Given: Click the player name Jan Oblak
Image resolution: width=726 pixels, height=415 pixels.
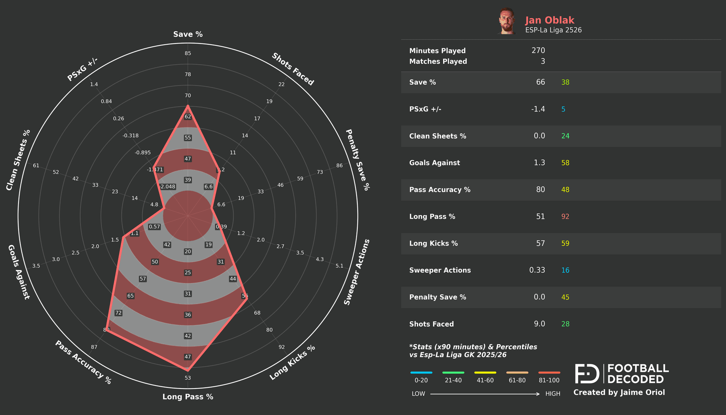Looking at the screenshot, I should click(549, 20).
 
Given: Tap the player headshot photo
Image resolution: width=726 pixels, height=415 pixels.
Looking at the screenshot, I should click(507, 21).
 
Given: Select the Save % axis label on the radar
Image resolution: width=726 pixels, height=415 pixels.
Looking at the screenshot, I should click(188, 34).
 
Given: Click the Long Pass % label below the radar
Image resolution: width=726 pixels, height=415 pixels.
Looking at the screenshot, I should click(188, 397).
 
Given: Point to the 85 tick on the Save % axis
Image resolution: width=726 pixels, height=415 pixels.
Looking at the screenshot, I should click(188, 53).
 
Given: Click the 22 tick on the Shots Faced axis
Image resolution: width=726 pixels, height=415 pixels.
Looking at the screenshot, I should click(281, 84).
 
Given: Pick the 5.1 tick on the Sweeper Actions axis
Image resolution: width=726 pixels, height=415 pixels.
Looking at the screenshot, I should click(340, 266).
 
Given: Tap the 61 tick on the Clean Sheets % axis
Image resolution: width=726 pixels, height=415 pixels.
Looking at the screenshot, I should click(36, 166).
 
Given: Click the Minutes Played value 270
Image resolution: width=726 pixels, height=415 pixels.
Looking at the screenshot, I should click(538, 50).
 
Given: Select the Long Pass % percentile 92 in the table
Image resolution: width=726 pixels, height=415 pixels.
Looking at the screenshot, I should click(565, 216).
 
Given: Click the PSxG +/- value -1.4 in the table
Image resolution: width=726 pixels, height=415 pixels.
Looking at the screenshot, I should click(538, 109).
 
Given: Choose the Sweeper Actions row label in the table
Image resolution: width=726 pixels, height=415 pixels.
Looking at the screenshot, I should click(440, 270).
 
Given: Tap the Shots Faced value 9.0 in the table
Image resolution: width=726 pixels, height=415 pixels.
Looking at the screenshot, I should click(539, 324).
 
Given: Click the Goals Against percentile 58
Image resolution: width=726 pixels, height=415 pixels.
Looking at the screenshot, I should click(565, 163).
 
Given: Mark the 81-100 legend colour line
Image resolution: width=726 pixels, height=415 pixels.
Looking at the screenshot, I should click(549, 373).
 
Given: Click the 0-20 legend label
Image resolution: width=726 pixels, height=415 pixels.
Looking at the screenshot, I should click(421, 380).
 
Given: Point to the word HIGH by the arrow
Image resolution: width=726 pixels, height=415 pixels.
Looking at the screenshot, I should click(552, 394).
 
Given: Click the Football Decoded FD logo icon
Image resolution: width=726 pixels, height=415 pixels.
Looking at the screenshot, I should click(587, 374).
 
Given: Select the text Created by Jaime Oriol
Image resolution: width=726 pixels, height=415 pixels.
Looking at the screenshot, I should click(619, 392).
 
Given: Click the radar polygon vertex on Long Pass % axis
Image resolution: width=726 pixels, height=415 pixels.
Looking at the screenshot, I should click(188, 370).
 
